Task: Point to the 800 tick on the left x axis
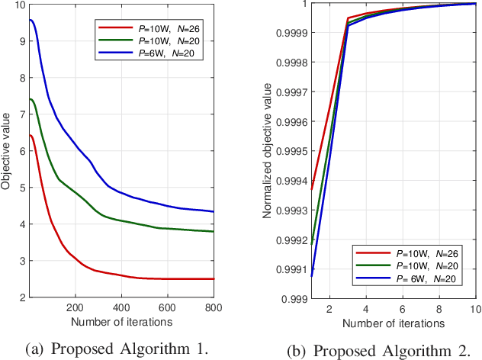pyautogui.click(x=214, y=307)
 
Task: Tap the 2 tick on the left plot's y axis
pyautogui.click(x=21, y=297)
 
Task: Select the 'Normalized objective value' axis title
pyautogui.click(x=267, y=150)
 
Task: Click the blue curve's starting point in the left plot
pyautogui.click(x=30, y=20)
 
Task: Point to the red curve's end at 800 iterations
pyautogui.click(x=214, y=279)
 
